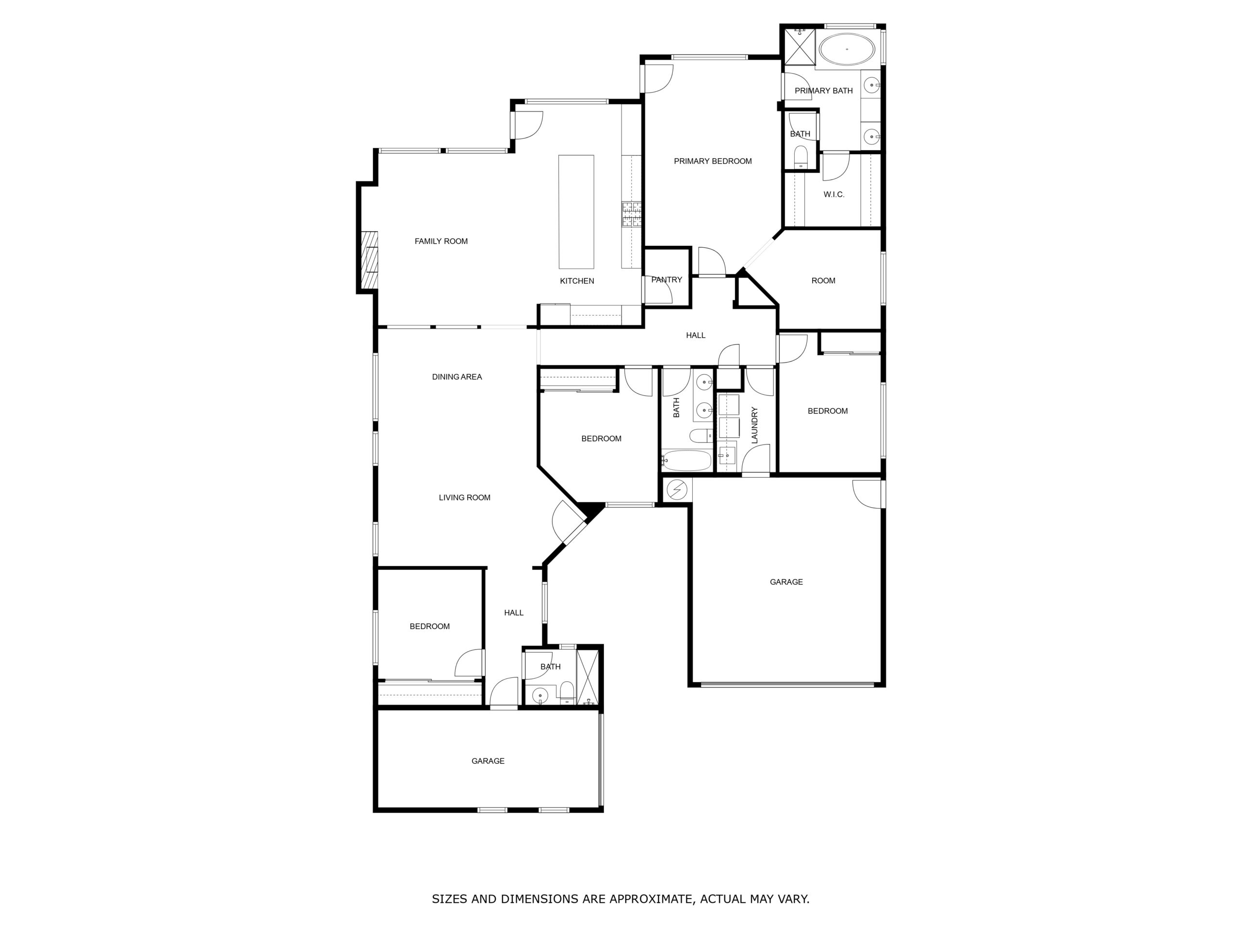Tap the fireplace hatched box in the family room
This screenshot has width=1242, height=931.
(370, 260)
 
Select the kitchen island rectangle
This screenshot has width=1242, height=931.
(576, 211)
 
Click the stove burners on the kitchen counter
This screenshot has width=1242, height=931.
(632, 215)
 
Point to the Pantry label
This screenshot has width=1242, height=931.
(667, 279)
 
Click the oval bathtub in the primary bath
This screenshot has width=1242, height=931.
(847, 50)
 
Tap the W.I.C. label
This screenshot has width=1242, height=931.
(834, 194)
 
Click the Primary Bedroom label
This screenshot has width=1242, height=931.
(713, 161)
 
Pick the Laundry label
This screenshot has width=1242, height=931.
(754, 425)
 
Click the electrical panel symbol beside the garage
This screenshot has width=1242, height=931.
(677, 490)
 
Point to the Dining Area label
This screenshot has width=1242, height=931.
(457, 377)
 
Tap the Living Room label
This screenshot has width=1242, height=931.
(464, 497)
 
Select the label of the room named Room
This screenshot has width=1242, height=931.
(823, 281)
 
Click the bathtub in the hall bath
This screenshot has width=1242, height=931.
(686, 461)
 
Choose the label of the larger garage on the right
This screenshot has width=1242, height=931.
(786, 582)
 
